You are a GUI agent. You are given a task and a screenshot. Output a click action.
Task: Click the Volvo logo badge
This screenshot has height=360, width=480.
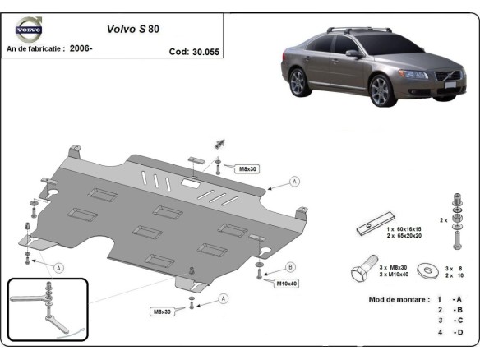coord(29,31)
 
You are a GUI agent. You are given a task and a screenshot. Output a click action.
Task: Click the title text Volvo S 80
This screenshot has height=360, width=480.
coord(134,28)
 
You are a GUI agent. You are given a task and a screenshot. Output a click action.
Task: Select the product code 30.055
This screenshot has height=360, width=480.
coord(195,49)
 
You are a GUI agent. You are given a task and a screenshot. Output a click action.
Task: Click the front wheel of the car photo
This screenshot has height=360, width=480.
coord(382,91)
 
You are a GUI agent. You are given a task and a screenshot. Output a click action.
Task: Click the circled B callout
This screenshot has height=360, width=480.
coord(290,267)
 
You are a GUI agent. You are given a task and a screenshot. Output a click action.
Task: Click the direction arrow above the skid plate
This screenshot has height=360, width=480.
coord(221,143)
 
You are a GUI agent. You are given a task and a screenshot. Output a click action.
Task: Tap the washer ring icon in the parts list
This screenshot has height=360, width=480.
coord(427,270)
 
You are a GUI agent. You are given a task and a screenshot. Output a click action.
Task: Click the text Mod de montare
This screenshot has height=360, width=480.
coord(399,299)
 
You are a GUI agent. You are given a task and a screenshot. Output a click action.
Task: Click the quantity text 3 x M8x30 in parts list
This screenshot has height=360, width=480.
coord(393,267)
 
